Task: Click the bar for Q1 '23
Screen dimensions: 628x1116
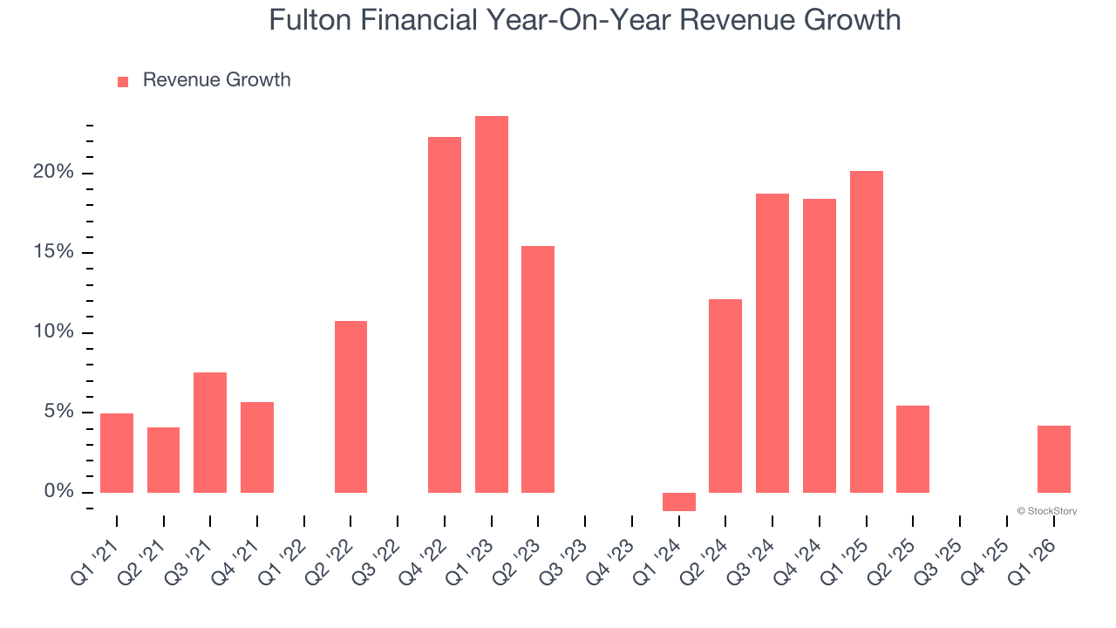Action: [491, 304]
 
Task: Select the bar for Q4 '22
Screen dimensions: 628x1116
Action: [445, 315]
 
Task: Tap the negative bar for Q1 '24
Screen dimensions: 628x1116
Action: [678, 502]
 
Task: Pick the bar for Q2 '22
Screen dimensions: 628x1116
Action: [350, 406]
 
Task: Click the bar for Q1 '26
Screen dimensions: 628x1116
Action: [1053, 459]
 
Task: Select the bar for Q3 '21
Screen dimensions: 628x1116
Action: [210, 433]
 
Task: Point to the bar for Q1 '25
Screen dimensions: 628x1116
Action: [866, 331]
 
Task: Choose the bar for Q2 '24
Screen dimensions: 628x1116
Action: [725, 396]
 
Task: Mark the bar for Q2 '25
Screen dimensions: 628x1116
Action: [913, 449]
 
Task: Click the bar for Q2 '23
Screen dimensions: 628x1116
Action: [538, 369]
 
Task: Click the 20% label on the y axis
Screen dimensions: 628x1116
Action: [53, 173]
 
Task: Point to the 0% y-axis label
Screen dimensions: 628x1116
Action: [59, 492]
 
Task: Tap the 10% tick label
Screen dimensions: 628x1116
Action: [53, 332]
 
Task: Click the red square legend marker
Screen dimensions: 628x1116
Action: [123, 81]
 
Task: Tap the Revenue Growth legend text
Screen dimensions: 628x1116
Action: [216, 80]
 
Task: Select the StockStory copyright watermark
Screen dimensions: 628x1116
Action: [1046, 511]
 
